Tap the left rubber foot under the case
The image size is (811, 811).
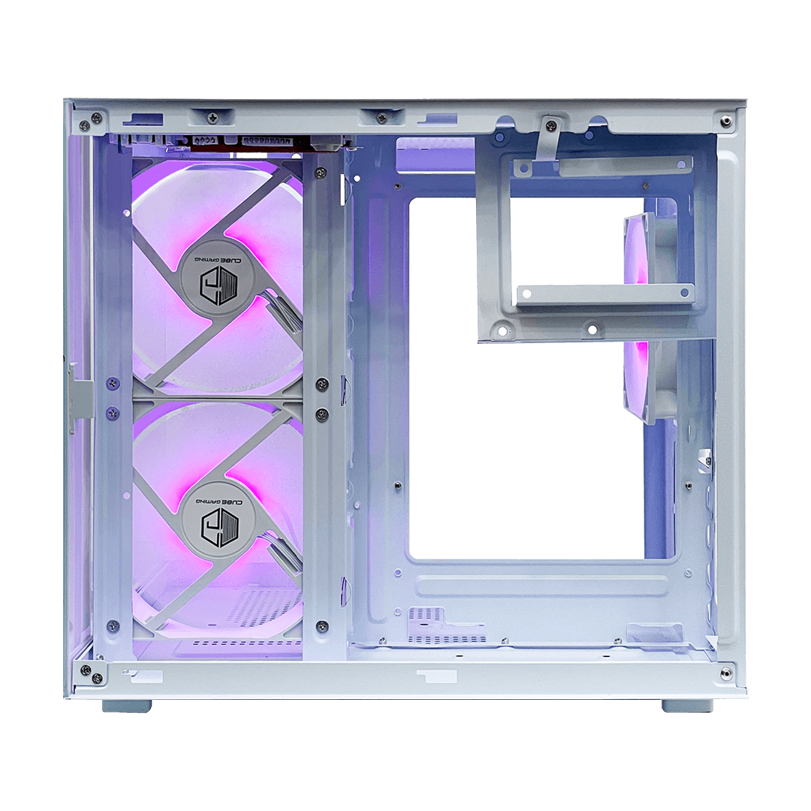[x=127, y=705]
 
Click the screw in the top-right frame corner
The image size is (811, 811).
[x=727, y=122]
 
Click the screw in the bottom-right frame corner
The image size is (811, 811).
[x=726, y=672]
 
